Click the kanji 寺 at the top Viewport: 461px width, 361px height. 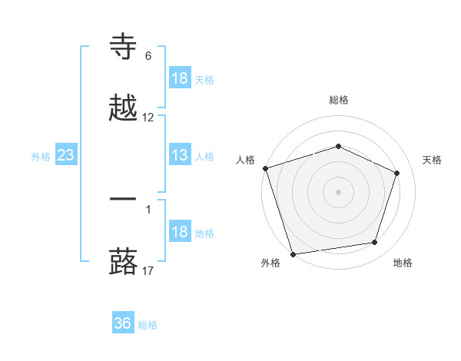(x=124, y=48)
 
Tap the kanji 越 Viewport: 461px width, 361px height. (x=124, y=108)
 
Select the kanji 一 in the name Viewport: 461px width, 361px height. (x=124, y=199)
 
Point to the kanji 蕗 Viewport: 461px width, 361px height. (x=124, y=260)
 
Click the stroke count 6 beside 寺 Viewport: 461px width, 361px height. (x=148, y=56)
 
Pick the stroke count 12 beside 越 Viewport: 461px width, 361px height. (x=148, y=118)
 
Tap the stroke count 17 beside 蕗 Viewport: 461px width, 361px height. (x=148, y=270)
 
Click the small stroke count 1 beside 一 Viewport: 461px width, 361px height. (x=148, y=209)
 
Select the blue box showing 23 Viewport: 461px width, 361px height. (x=65, y=156)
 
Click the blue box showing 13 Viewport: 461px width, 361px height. (x=180, y=156)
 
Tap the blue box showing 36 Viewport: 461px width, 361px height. (x=123, y=323)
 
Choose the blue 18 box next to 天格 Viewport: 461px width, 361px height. (x=180, y=78)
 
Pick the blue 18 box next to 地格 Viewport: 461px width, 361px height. (x=180, y=233)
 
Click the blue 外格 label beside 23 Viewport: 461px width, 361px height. (x=41, y=157)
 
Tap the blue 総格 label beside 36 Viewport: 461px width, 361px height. (x=148, y=324)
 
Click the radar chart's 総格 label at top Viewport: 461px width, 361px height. (x=339, y=100)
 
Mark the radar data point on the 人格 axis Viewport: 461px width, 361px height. (x=265, y=168)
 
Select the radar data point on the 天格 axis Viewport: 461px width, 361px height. (x=397, y=173)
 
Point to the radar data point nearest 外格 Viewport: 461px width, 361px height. (x=293, y=253)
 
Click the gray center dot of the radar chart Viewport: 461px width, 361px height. (x=338, y=192)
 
